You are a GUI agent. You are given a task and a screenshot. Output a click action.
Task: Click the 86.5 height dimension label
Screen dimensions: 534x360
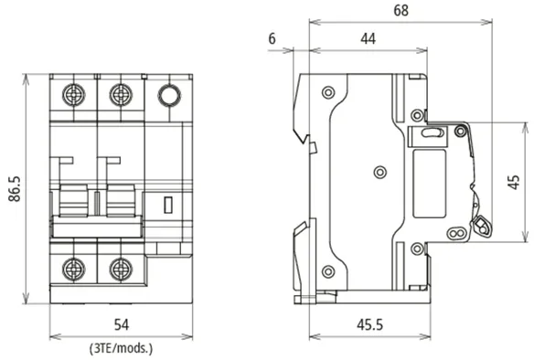[x=15, y=189]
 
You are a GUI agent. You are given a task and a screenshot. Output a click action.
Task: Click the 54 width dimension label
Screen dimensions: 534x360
[x=122, y=324]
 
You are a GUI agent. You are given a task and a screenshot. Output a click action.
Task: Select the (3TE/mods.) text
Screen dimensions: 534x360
[x=122, y=348]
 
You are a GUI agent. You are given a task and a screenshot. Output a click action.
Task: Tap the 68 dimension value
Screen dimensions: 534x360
[x=400, y=10]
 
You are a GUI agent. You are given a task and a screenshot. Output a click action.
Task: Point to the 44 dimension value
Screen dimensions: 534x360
[x=368, y=38]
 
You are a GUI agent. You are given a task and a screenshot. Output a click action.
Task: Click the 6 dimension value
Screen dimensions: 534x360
[x=272, y=38]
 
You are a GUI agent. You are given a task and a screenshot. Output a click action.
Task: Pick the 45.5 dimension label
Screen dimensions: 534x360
[x=369, y=324]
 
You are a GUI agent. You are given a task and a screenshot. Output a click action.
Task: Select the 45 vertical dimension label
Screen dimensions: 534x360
[x=513, y=182]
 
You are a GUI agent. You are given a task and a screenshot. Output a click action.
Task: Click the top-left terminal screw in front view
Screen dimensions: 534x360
[x=73, y=94]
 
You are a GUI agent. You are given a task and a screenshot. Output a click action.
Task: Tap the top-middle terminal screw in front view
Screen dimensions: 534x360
[x=121, y=94]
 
